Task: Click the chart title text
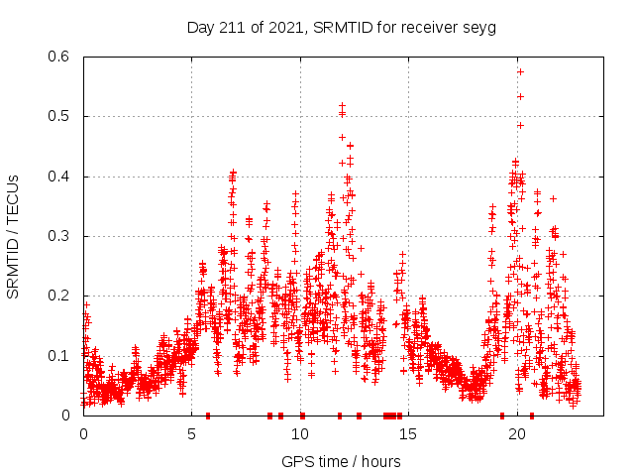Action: (342, 27)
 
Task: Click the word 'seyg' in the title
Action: (479, 28)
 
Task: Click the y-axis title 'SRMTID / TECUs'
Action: (14, 236)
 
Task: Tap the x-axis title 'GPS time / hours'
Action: (342, 461)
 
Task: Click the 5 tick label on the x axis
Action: (192, 434)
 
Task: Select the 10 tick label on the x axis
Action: (300, 434)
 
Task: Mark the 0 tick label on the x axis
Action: (83, 434)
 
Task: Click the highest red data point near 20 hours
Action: (520, 71)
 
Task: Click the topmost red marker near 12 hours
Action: (342, 105)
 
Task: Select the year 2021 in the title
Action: (281, 27)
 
